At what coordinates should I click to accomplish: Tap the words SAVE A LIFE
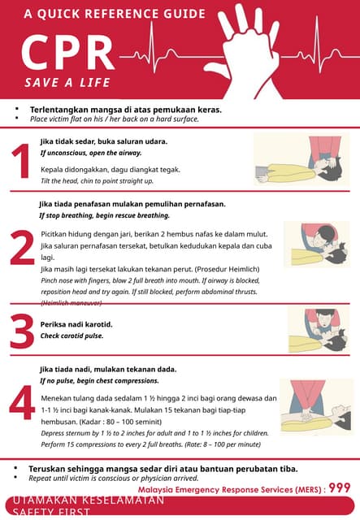67,83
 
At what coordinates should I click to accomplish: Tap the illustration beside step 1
301,161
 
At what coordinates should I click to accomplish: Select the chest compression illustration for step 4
316,405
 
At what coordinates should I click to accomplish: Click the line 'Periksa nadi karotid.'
76,324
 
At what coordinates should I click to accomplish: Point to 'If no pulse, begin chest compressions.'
100,380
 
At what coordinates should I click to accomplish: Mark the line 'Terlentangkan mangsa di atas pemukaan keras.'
126,109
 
